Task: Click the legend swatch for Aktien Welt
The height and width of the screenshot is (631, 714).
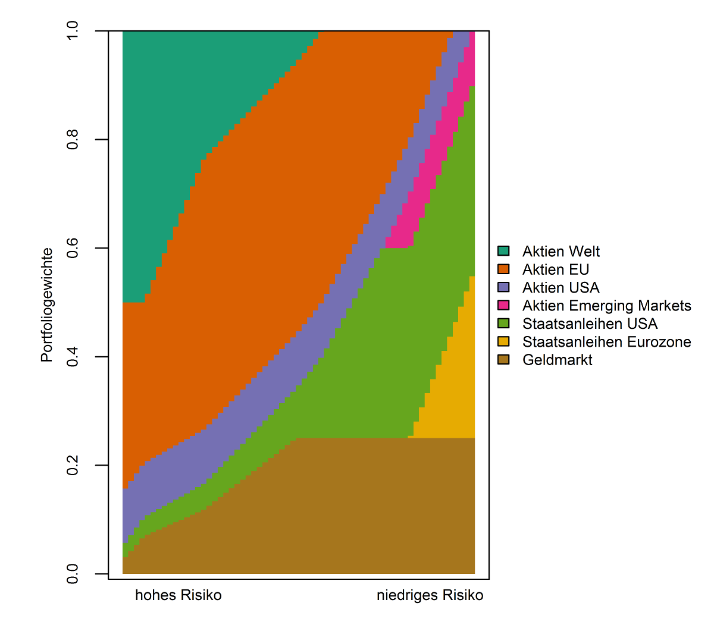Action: [x=503, y=252]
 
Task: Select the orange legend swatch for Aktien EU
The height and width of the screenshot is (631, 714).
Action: [x=503, y=269]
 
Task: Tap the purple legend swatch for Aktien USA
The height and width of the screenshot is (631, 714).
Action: [x=503, y=288]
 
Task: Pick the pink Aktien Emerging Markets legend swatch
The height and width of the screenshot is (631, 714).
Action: [x=503, y=306]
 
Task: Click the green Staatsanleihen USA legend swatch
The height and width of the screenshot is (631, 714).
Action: [x=503, y=324]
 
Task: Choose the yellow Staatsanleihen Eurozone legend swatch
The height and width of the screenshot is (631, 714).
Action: [x=503, y=342]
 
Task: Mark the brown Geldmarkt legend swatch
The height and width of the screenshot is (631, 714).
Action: [x=503, y=360]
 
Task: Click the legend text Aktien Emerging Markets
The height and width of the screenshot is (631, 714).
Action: [x=606, y=306]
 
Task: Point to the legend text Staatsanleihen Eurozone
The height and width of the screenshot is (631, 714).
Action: [x=606, y=342]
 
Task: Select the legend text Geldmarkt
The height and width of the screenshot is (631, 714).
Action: [x=557, y=360]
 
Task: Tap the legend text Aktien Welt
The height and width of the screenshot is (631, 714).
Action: [x=560, y=252]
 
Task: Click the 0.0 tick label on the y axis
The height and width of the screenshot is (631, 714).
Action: [x=73, y=574]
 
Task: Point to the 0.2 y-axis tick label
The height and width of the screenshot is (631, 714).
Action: [x=73, y=465]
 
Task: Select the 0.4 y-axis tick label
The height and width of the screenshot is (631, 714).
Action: [x=73, y=357]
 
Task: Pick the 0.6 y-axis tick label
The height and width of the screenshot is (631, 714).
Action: [x=73, y=248]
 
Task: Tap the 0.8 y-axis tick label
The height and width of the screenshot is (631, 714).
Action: [x=73, y=140]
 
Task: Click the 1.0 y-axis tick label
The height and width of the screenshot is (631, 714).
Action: [x=73, y=31]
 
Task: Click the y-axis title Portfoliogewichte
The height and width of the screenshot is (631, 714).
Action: [x=47, y=304]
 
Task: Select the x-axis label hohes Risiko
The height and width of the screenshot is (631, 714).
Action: [x=178, y=595]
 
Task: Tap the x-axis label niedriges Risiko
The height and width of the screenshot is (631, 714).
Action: [x=430, y=595]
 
